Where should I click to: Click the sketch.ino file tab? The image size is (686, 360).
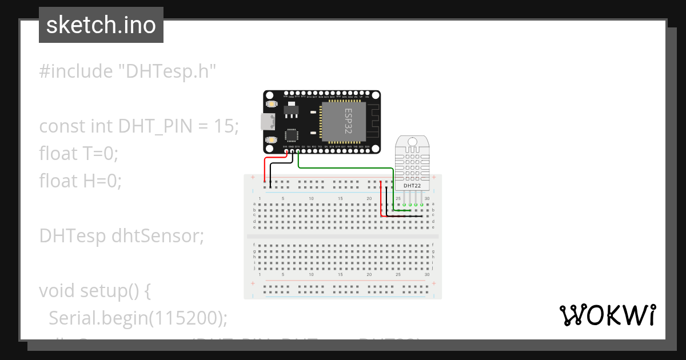101,25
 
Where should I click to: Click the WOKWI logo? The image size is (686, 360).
607,315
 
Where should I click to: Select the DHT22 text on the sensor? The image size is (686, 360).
412,186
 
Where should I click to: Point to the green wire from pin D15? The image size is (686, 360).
343,168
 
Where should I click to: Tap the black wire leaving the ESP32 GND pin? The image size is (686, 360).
271,171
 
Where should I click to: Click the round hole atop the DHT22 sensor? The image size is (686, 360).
412,142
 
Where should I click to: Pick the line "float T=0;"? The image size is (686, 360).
78,153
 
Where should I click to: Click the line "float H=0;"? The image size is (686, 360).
80,181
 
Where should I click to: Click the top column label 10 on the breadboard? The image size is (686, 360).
311,198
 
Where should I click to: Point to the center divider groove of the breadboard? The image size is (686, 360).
342,235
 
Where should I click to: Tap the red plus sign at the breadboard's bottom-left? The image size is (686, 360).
252,283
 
